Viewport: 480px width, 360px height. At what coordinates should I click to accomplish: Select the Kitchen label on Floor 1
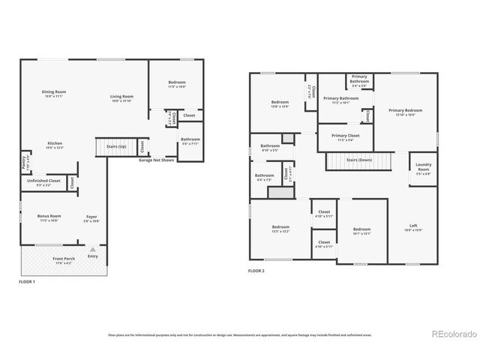55,145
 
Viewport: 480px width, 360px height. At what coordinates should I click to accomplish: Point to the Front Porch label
62,259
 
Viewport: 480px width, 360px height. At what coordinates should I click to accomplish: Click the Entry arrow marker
92,250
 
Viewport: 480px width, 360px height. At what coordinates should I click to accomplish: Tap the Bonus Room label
49,217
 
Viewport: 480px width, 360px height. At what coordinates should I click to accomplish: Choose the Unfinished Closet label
43,181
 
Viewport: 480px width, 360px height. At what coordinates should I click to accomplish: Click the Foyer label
91,218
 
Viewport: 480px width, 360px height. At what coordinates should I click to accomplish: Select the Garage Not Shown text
156,160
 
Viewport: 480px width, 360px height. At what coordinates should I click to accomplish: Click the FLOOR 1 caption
27,281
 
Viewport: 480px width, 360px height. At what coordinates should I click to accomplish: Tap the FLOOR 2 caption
256,271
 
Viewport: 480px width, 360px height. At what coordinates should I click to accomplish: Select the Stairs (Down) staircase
359,160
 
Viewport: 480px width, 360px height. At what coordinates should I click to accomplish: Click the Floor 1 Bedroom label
177,84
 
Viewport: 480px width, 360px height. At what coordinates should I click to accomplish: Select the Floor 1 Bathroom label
190,140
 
